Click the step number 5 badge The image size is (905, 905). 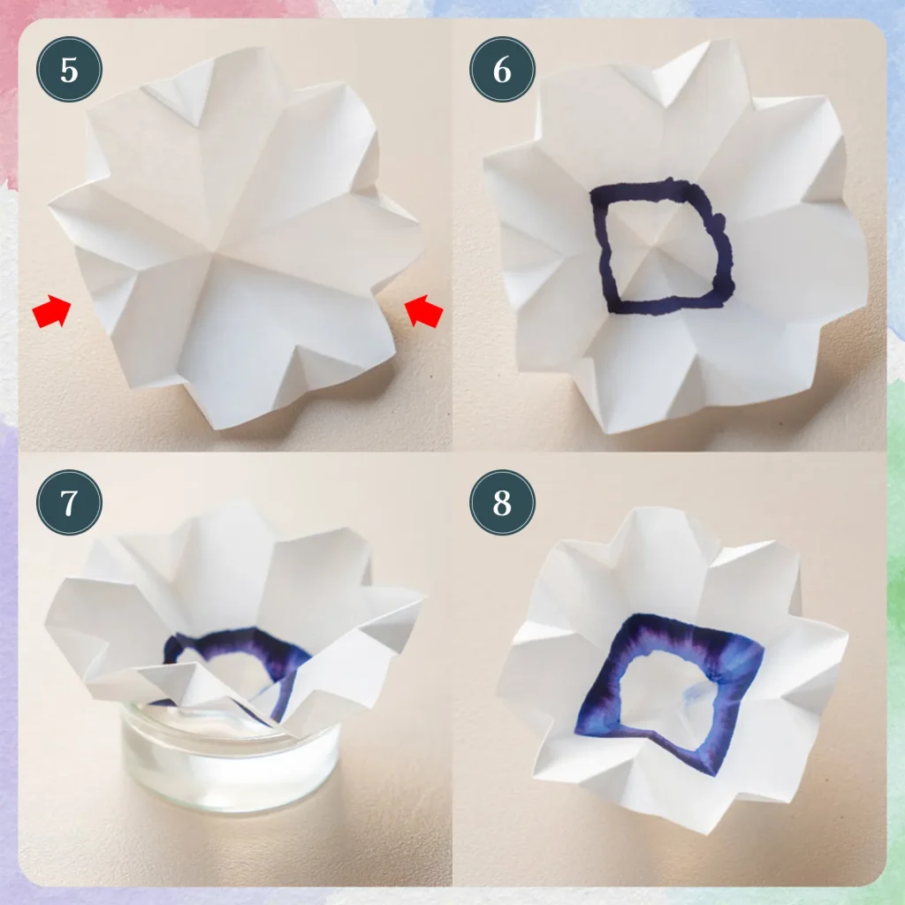[69, 69]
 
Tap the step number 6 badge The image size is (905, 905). [502, 69]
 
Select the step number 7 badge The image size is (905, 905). [69, 502]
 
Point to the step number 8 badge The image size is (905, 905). [502, 502]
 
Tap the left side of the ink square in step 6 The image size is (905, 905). [603, 252]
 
